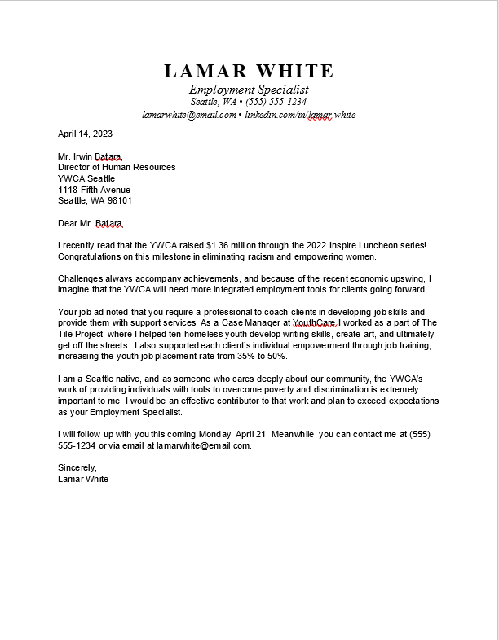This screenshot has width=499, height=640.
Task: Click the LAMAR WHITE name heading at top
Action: (249, 71)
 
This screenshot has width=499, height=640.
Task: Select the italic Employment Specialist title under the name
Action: (249, 89)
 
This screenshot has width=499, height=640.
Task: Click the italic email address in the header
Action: (188, 115)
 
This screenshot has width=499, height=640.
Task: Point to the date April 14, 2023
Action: (85, 134)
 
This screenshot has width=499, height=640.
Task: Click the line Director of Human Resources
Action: (117, 167)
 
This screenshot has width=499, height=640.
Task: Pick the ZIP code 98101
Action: (118, 200)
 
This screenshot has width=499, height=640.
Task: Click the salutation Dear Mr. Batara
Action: (91, 223)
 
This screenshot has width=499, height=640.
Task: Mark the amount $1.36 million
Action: (232, 245)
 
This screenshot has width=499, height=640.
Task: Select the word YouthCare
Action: (315, 323)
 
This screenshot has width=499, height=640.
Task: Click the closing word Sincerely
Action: (77, 467)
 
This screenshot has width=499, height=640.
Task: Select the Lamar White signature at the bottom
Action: (83, 479)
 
